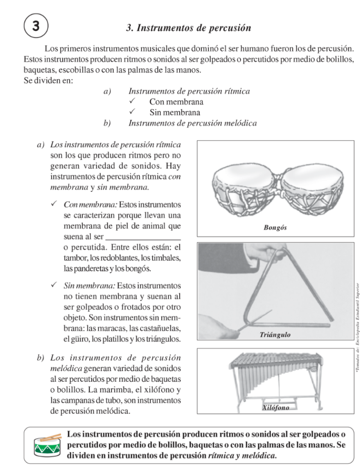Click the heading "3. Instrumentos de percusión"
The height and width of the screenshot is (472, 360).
click(189, 28)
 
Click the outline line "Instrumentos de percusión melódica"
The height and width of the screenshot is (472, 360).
click(192, 123)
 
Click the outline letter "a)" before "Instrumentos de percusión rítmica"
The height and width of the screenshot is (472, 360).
click(107, 91)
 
